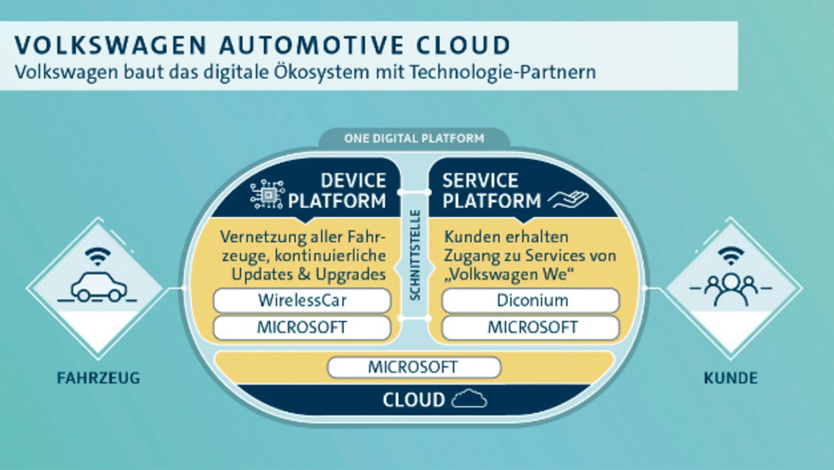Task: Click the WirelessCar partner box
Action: pos(302,300)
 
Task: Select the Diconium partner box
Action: pos(530,300)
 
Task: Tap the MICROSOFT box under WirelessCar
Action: pos(302,327)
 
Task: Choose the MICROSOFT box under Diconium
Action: pos(530,327)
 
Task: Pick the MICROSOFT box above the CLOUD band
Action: pos(414,367)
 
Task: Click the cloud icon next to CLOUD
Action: pos(469,398)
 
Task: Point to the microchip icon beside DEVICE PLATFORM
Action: pos(268,194)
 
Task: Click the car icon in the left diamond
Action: pos(98,287)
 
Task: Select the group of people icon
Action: pos(730,290)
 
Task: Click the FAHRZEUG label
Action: pos(98,378)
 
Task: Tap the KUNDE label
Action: pos(730,378)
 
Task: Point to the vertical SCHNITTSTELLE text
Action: pos(415,255)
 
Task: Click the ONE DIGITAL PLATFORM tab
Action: pos(414,138)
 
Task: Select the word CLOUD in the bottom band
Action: pos(414,400)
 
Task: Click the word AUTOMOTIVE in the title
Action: pos(311,45)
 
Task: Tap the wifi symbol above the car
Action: pos(98,256)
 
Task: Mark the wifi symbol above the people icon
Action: pos(731,256)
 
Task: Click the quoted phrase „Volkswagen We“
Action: pos(509,275)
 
